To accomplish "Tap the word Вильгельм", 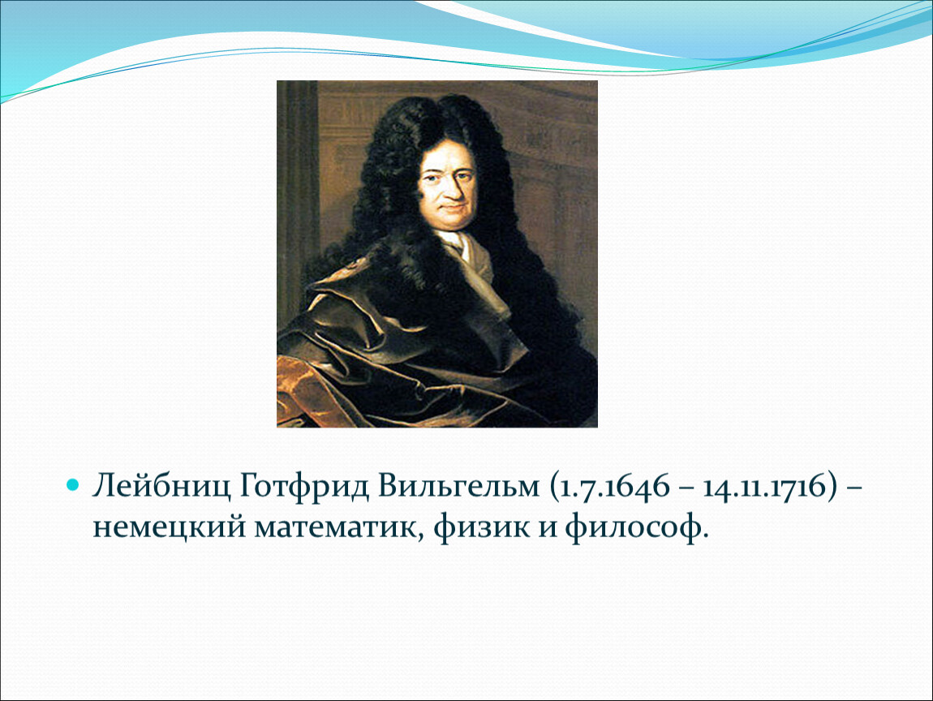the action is coord(458,486).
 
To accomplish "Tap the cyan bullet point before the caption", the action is coord(72,486).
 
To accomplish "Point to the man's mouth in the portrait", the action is coord(450,207).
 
